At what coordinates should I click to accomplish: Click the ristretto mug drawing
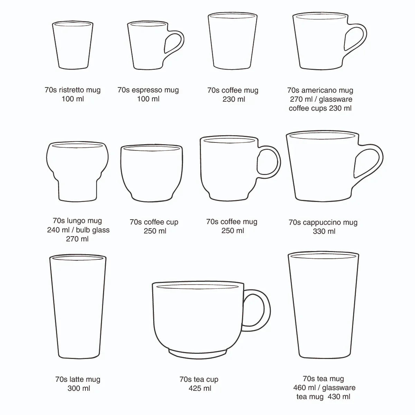73,45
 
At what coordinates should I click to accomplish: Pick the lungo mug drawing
77,171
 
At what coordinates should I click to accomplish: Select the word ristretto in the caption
72,90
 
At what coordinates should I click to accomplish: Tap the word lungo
74,221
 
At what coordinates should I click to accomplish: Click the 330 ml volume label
324,231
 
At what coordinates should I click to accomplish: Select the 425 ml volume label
200,388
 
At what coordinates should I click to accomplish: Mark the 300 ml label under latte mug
79,388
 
